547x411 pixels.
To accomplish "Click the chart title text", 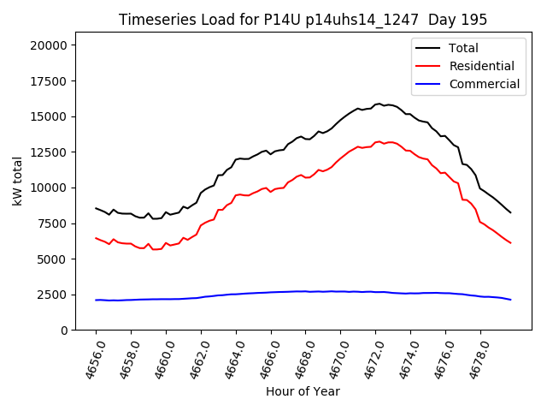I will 303,20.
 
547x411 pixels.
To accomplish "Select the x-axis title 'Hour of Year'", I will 303,391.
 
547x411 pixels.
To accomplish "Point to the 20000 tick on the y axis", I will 52,45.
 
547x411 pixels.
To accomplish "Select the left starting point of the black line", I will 96,208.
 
